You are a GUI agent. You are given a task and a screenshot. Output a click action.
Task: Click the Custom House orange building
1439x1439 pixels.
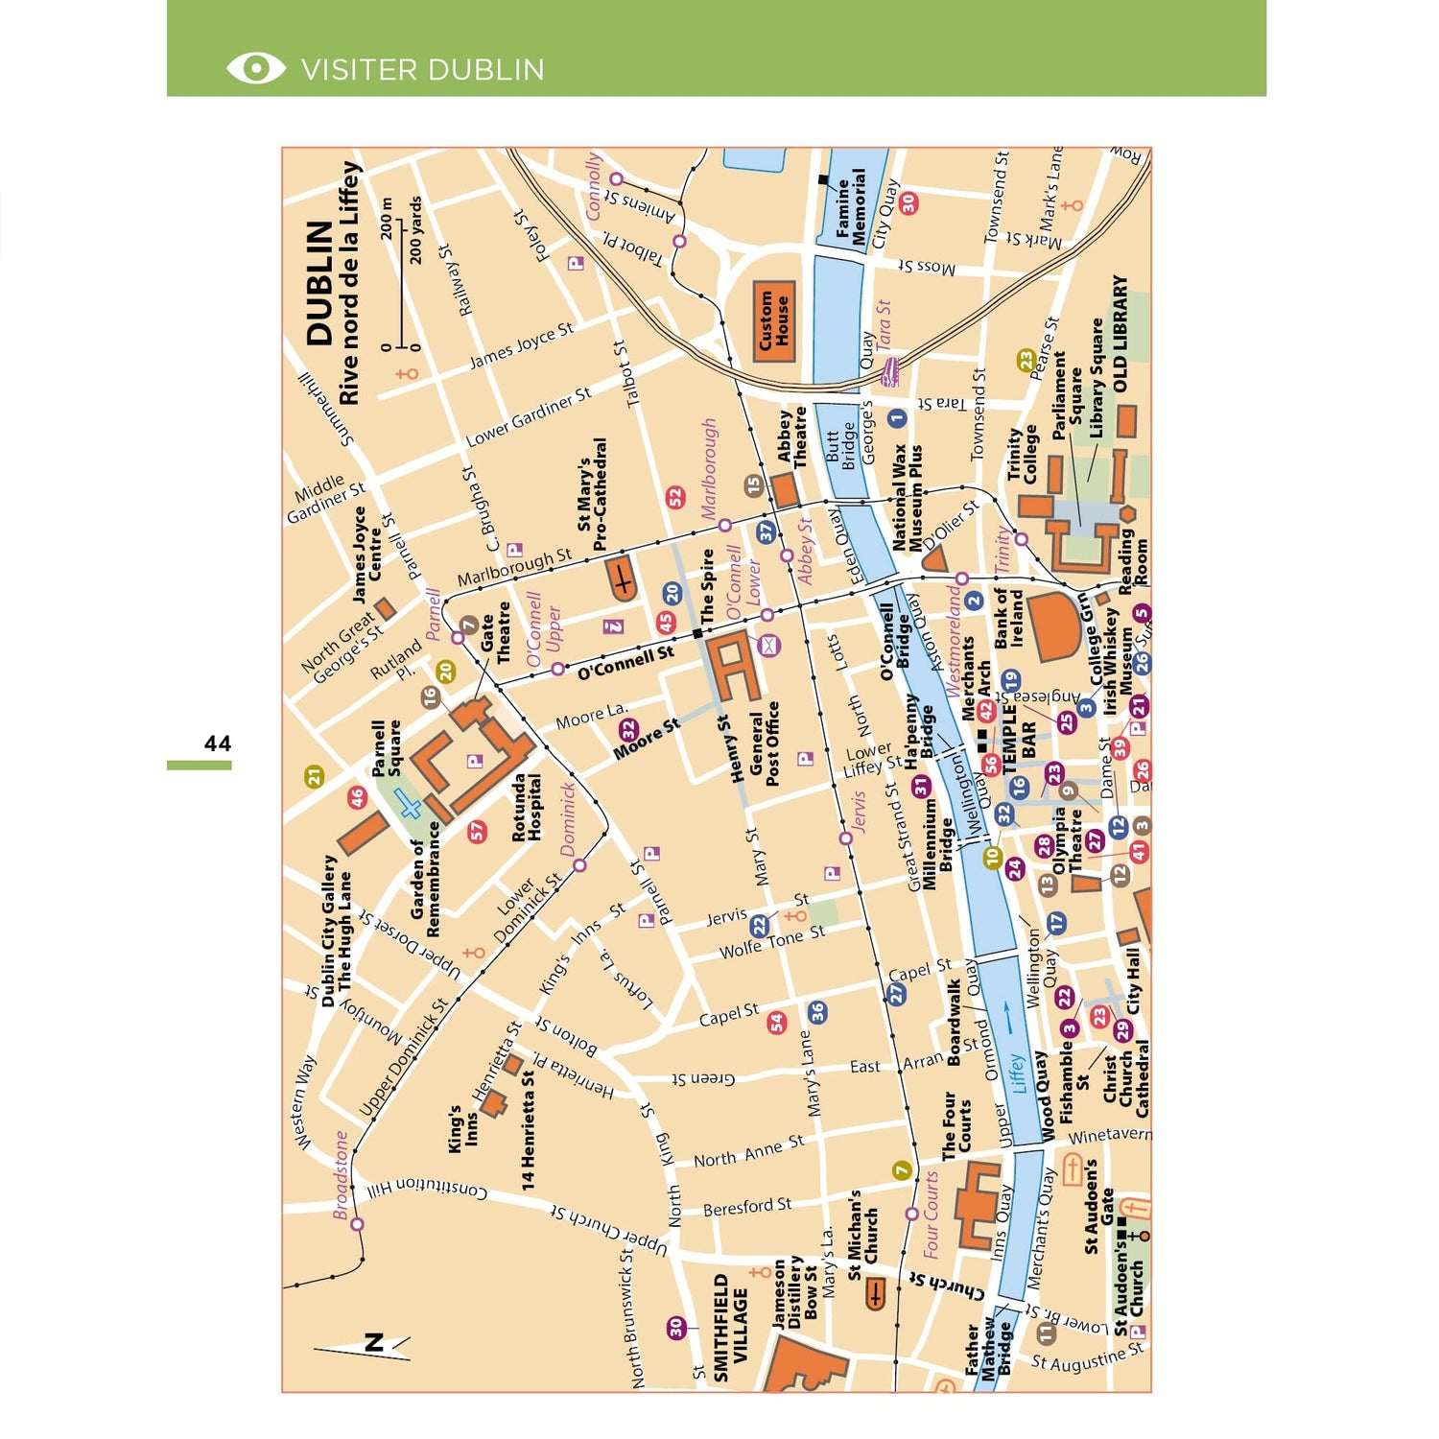774,321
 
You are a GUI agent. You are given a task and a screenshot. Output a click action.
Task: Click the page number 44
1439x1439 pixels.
217,743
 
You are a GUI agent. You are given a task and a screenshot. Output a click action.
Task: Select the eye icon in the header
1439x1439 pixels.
255,68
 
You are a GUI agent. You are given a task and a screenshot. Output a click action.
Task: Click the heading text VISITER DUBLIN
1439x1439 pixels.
422,69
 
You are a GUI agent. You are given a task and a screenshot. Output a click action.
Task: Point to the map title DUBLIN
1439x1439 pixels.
319,284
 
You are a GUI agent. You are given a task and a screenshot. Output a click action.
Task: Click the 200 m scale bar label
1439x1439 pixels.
386,219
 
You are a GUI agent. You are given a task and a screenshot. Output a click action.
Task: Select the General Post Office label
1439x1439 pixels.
765,743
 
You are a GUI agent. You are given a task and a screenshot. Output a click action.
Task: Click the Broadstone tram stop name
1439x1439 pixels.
341,1174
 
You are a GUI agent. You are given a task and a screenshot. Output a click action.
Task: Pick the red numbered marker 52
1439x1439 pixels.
676,498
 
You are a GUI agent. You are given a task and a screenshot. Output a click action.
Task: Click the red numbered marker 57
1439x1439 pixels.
478,832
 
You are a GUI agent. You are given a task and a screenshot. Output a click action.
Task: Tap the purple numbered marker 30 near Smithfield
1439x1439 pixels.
676,1327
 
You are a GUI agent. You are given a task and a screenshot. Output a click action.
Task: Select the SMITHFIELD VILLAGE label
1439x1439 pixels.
730,1328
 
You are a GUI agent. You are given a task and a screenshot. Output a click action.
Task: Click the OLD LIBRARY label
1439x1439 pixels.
1120,334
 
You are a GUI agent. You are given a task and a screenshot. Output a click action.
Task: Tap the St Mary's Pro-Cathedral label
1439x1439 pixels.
592,493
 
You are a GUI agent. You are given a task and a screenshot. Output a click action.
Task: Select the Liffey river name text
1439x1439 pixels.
1017,1073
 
